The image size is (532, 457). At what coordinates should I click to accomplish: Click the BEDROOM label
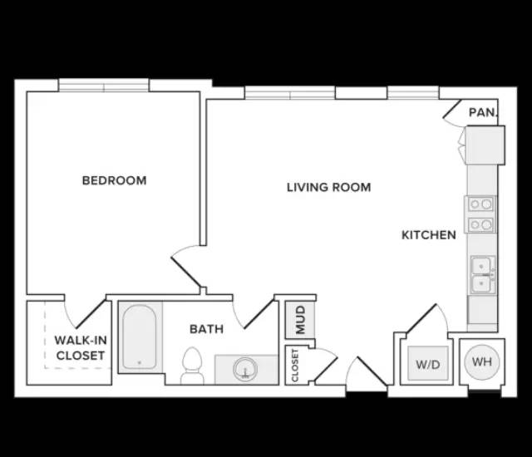click(115, 180)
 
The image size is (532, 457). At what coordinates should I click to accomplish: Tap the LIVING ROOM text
click(329, 187)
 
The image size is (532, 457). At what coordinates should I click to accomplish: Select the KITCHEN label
click(429, 235)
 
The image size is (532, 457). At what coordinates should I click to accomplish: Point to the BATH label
click(206, 329)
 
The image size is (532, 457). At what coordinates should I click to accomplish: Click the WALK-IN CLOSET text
click(81, 347)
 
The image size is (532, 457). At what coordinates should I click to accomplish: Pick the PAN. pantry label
click(483, 112)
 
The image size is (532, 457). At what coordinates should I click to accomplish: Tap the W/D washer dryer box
click(428, 363)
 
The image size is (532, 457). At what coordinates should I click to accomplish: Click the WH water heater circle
click(482, 361)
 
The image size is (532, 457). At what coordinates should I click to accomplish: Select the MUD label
click(301, 320)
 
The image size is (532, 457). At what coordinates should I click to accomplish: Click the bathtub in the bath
click(140, 337)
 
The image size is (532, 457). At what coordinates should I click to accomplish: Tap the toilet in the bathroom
click(192, 366)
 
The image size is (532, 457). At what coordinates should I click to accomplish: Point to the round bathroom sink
click(245, 369)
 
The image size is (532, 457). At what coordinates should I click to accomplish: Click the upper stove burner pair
click(480, 204)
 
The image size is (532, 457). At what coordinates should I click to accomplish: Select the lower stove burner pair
click(480, 224)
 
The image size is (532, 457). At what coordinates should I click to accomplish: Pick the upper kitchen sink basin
click(480, 265)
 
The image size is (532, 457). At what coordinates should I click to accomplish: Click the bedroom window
click(104, 85)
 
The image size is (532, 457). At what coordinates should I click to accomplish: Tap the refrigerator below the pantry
click(485, 145)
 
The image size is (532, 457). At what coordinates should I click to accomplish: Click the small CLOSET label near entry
click(295, 366)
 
